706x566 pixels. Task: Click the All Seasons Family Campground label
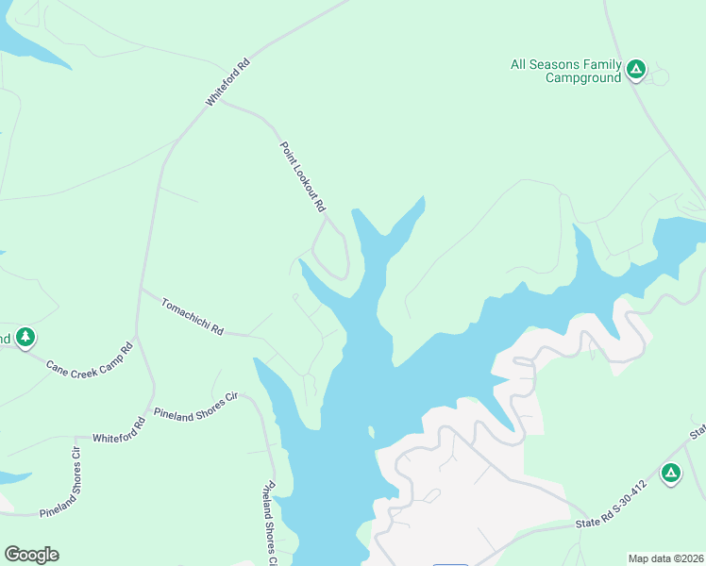tap(565, 71)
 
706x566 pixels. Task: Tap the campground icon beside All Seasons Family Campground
tap(637, 68)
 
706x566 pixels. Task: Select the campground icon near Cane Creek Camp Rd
tap(25, 337)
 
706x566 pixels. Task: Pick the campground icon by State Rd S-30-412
tap(671, 473)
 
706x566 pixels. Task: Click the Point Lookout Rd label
tap(303, 176)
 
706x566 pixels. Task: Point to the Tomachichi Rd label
tap(193, 317)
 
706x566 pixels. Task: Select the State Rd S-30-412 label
tap(611, 506)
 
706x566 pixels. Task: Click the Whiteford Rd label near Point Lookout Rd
tap(228, 82)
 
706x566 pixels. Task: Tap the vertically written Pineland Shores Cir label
tap(269, 524)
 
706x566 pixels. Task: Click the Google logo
tap(31, 555)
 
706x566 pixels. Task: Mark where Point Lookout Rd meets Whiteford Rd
tap(221, 102)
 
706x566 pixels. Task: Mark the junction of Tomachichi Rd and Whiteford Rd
tap(141, 289)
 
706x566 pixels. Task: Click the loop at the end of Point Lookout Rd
tap(331, 251)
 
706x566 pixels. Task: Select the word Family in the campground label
tap(602, 64)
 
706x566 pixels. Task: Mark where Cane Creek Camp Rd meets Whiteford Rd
tap(137, 337)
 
